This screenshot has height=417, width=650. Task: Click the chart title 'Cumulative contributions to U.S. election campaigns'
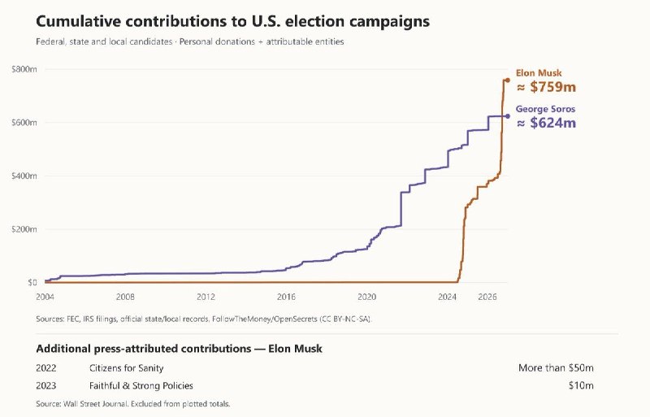point(232,22)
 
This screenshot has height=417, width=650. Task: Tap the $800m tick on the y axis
point(24,69)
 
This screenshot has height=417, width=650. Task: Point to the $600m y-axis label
point(24,123)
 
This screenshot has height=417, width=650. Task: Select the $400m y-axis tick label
point(24,176)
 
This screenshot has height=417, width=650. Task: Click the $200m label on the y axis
point(24,229)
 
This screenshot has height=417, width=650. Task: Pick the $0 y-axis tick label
point(32,283)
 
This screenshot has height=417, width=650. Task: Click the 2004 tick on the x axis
point(45,297)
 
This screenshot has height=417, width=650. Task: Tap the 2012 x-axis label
point(206,297)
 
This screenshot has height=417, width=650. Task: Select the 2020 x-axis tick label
point(367,297)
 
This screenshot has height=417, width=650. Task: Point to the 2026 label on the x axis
point(487,297)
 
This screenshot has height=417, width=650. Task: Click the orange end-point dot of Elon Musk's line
point(507,80)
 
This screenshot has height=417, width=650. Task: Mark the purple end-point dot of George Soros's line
point(507,116)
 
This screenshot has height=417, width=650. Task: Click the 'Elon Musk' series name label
point(539,73)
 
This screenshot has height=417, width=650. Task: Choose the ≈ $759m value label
point(546,87)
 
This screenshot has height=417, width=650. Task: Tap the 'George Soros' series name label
point(545,109)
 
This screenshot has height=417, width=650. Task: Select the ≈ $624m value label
point(546,123)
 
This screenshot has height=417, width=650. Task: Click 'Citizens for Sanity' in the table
point(127,368)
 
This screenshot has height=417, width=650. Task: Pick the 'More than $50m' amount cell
point(556,368)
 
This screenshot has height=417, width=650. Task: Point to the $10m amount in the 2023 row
point(581,386)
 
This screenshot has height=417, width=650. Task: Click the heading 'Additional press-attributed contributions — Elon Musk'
point(179,349)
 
